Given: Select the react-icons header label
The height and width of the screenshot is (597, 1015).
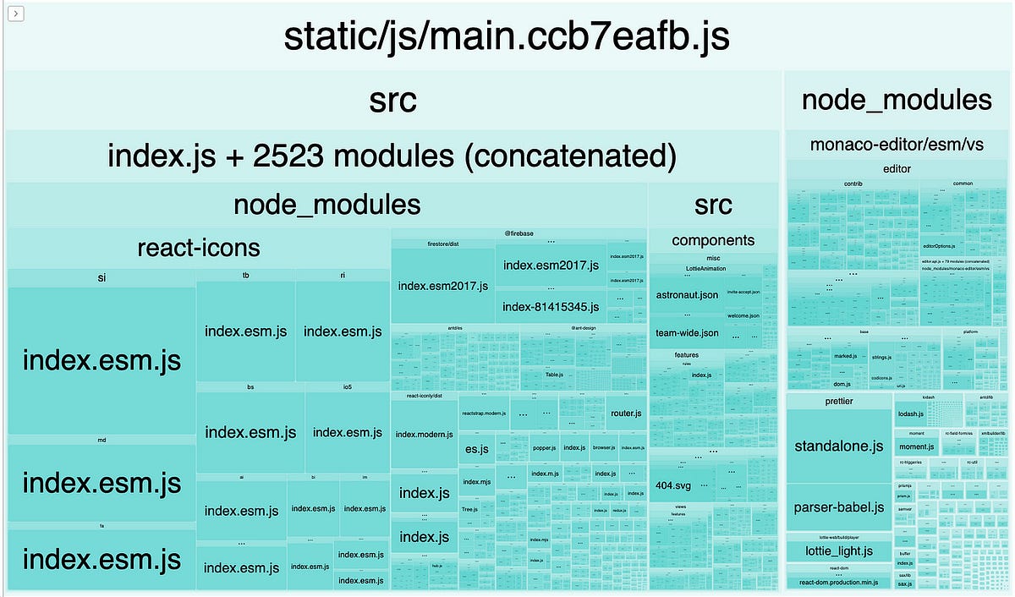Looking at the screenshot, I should pyautogui.click(x=199, y=248).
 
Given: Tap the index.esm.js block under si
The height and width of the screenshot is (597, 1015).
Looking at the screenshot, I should pyautogui.click(x=101, y=361).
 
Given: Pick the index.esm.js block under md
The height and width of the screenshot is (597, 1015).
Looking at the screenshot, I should pyautogui.click(x=101, y=483).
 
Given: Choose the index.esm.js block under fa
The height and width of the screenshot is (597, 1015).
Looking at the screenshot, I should pyautogui.click(x=101, y=559).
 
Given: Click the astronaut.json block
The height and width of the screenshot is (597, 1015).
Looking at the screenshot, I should pyautogui.click(x=687, y=295).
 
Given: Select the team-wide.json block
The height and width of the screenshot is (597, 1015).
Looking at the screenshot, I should pyautogui.click(x=687, y=332).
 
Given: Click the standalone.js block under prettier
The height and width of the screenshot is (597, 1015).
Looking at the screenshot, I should pyautogui.click(x=838, y=446).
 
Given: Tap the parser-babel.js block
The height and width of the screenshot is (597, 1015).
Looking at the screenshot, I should pyautogui.click(x=838, y=507).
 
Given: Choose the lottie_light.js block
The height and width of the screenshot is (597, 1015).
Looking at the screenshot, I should pyautogui.click(x=838, y=551).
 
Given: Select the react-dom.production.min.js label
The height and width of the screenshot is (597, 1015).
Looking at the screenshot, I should pyautogui.click(x=838, y=583).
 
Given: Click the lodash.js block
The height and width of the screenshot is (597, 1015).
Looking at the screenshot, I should pyautogui.click(x=910, y=414).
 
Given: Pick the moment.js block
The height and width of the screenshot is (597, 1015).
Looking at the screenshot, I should pyautogui.click(x=916, y=446).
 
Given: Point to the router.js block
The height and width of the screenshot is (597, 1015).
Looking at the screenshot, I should pyautogui.click(x=626, y=414).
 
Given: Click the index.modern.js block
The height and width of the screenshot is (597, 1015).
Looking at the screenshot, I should pyautogui.click(x=424, y=434).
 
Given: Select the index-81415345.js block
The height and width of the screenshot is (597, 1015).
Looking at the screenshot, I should pyautogui.click(x=551, y=306).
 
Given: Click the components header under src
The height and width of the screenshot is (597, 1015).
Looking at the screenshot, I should pyautogui.click(x=712, y=240).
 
